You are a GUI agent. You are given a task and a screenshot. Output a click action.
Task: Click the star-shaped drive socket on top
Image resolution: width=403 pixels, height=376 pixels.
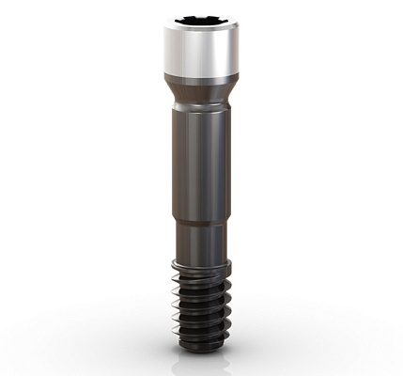click(200, 20)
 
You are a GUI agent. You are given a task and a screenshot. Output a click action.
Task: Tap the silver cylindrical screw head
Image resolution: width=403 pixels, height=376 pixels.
click(200, 52)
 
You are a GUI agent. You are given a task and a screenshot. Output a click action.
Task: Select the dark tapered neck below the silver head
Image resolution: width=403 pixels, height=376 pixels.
click(200, 91)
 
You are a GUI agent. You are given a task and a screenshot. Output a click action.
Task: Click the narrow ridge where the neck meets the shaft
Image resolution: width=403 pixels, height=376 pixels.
click(200, 109)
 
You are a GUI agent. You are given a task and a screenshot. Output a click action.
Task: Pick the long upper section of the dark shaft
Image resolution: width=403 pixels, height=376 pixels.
click(200, 164)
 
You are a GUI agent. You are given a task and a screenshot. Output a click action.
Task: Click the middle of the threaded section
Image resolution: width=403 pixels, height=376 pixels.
click(200, 301)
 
